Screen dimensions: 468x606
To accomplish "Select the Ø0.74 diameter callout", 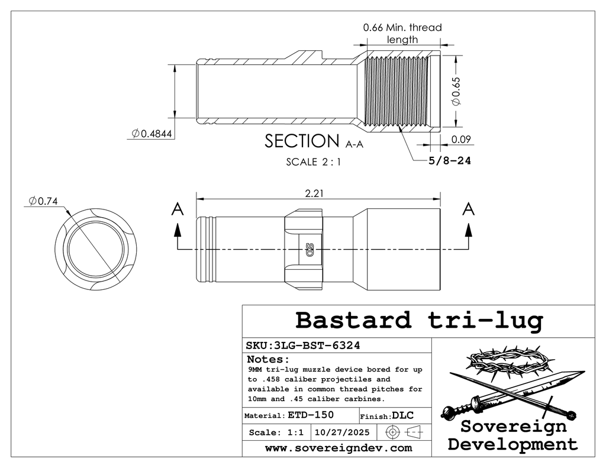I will [43, 202].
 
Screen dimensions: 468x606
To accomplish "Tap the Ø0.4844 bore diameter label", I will [152, 134].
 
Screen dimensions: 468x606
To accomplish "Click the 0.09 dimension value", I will [460, 140].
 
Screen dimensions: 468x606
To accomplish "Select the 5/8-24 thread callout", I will [450, 160].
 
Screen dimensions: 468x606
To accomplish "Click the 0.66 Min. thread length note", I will [402, 33].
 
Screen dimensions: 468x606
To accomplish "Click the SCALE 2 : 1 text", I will [313, 162].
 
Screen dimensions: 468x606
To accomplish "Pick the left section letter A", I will [176, 209].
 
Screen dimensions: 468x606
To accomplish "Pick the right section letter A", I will [468, 209].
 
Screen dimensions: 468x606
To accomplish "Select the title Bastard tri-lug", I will [418, 320].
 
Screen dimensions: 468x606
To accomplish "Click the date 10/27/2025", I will [343, 433].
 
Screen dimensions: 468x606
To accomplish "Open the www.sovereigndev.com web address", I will [338, 448].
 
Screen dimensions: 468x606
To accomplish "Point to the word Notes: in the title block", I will [267, 359].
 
